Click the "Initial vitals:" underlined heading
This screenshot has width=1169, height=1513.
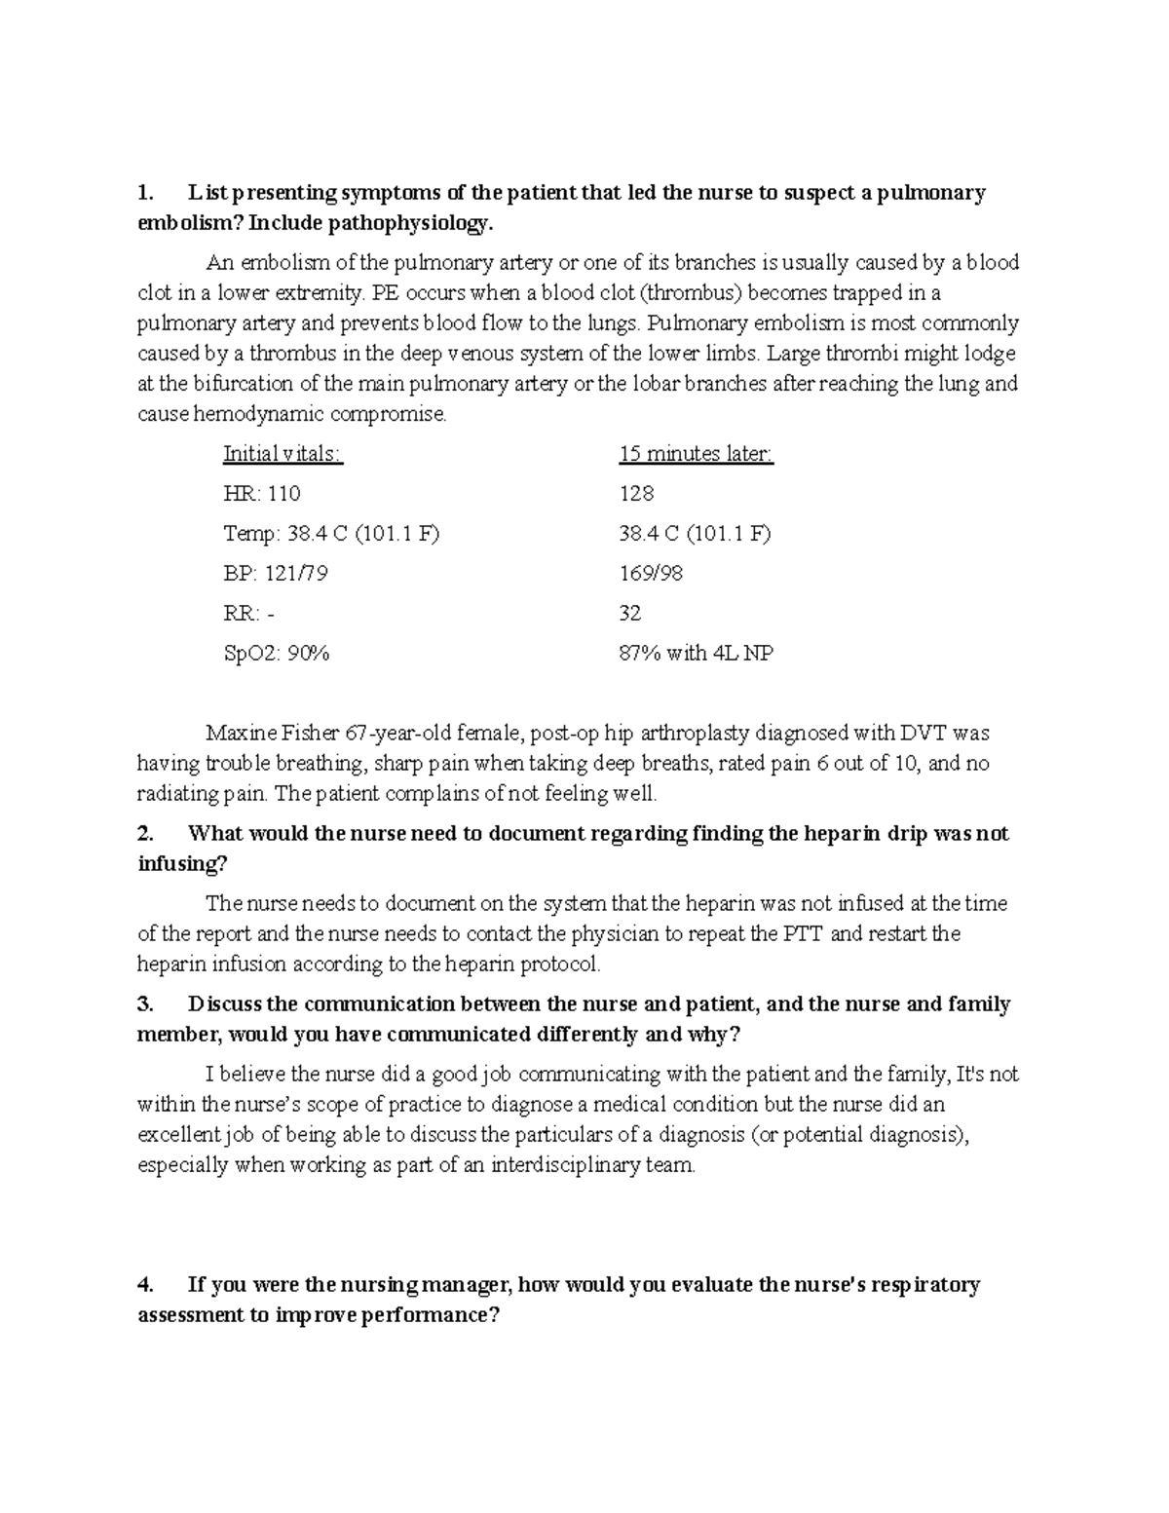tap(283, 454)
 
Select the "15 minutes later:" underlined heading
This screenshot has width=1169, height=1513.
tap(696, 454)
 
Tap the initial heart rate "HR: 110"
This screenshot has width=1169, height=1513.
tap(262, 494)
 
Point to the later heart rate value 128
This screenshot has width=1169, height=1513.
tap(636, 494)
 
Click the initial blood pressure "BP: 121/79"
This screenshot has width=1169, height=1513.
tap(276, 574)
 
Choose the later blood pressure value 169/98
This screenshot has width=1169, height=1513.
tap(651, 574)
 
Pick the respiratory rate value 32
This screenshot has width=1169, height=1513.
tap(630, 614)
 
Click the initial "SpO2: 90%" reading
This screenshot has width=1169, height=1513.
tap(277, 654)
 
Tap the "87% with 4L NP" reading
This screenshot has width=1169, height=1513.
tap(696, 654)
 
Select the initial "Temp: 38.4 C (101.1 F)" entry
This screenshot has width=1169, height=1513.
tap(331, 534)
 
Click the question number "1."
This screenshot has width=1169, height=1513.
tap(145, 193)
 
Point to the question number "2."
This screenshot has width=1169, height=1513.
tap(145, 834)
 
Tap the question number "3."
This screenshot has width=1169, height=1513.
tap(145, 1004)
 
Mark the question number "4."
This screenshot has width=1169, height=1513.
tap(145, 1285)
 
